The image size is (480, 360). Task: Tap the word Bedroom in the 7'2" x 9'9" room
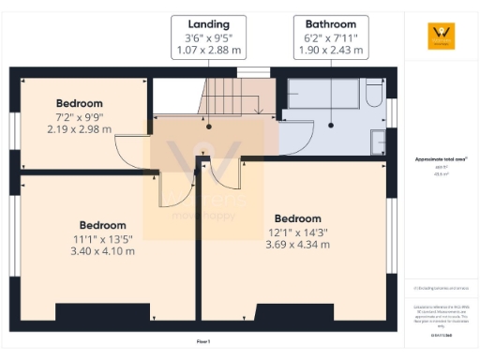(x=79, y=103)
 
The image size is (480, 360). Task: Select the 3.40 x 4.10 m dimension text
(x=102, y=251)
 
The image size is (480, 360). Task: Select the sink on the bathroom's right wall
(x=377, y=142)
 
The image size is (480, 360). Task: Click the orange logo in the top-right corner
(x=439, y=36)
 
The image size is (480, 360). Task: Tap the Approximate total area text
(x=439, y=159)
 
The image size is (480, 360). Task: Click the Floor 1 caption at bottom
(x=203, y=342)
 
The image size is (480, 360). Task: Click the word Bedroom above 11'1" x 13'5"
(x=102, y=225)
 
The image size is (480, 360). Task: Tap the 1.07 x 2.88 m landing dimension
(x=208, y=52)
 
